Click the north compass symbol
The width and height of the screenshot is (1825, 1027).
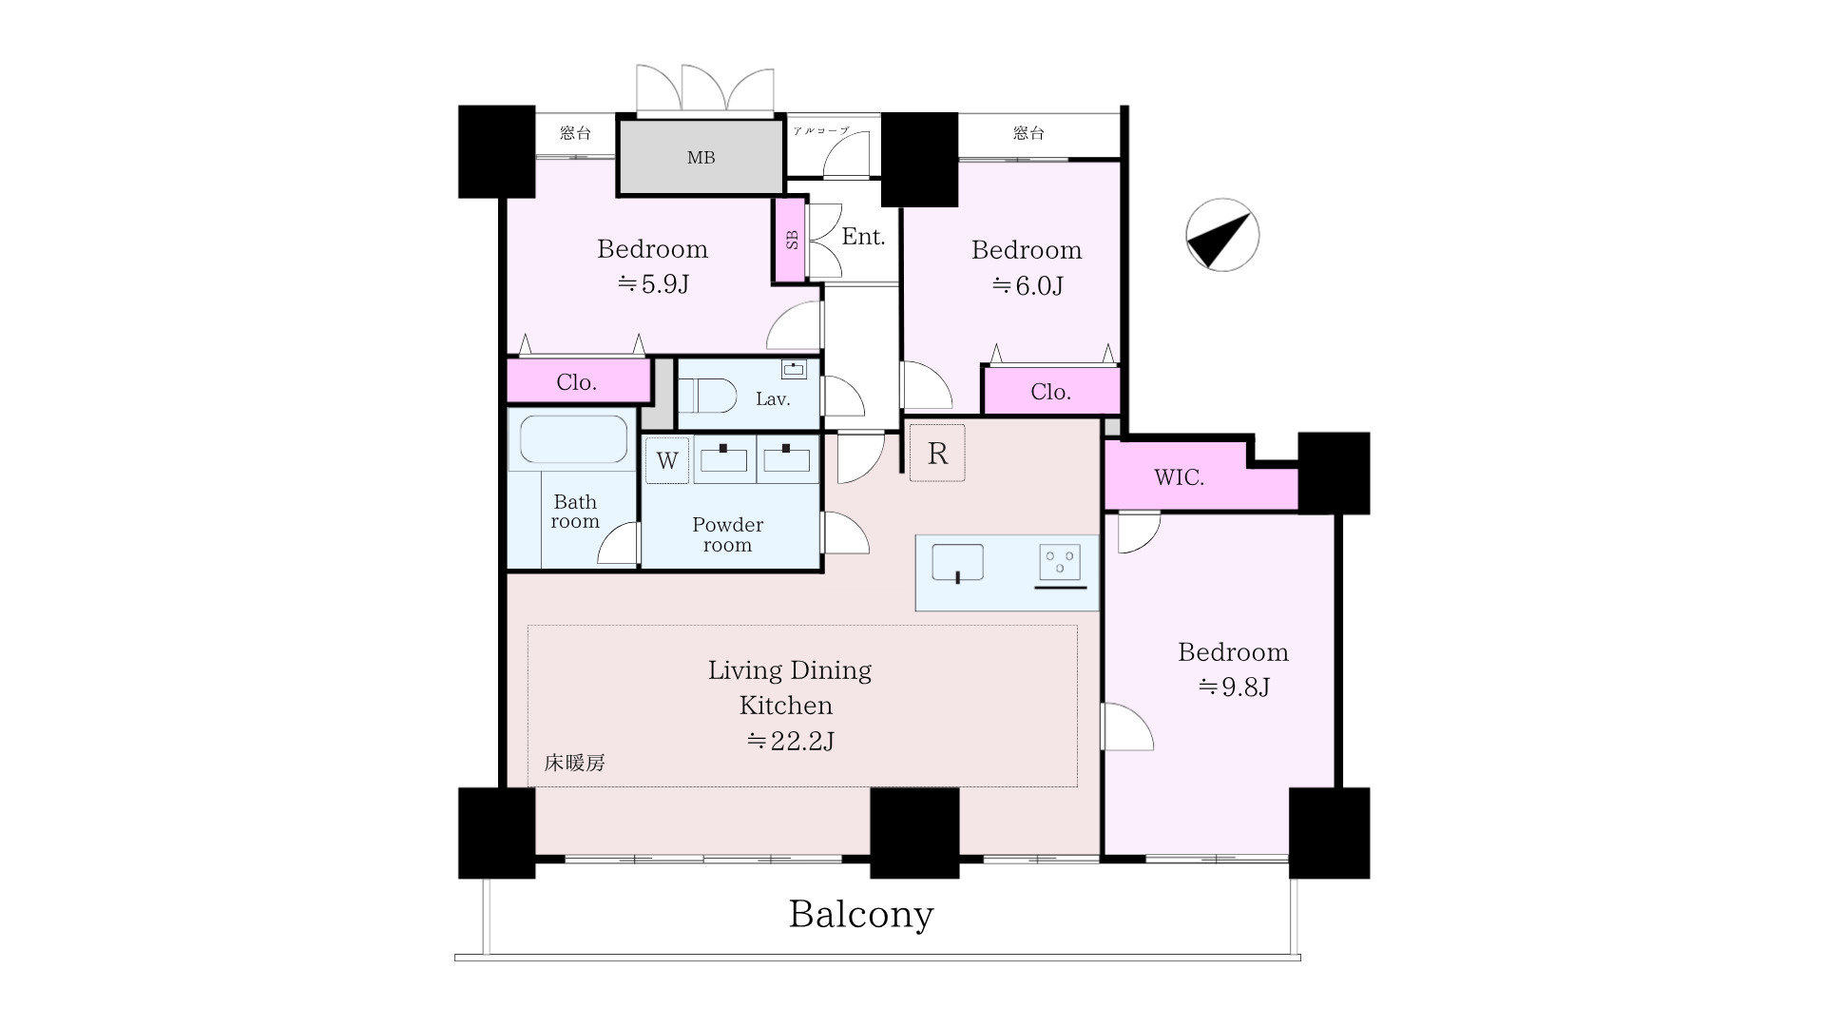(1222, 235)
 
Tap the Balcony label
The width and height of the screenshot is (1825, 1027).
(861, 914)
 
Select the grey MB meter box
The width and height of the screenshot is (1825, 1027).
(701, 158)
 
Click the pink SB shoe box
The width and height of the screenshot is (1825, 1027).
(791, 240)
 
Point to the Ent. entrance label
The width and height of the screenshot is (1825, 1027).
(863, 237)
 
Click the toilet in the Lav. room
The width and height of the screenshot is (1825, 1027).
(708, 396)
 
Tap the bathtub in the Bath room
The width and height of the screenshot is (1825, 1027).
(572, 441)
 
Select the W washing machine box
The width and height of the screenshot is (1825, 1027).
(666, 460)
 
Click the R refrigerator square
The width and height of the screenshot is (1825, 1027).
(937, 453)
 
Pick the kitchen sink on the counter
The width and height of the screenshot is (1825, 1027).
(957, 563)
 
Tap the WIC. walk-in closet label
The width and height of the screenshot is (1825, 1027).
(1179, 477)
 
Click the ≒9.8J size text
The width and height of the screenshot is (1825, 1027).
(1233, 687)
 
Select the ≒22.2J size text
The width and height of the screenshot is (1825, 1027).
(790, 741)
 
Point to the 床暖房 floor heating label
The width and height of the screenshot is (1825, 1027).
(574, 763)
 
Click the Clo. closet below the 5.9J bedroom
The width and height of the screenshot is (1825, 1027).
(577, 381)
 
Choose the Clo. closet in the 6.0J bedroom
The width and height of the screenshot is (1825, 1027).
(1050, 391)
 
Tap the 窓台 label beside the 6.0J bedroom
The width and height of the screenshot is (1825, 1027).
(1028, 133)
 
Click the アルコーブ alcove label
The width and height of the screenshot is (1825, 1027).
(820, 130)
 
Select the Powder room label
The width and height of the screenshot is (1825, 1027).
(727, 534)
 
